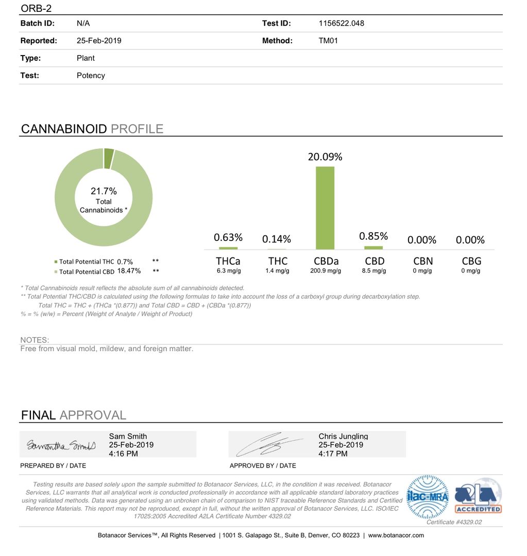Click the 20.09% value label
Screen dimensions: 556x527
pyautogui.click(x=325, y=157)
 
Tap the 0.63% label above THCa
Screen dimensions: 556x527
pyautogui.click(x=228, y=237)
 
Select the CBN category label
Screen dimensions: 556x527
pyautogui.click(x=423, y=261)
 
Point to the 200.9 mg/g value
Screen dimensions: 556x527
pyautogui.click(x=326, y=271)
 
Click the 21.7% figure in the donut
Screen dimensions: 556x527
pyautogui.click(x=104, y=192)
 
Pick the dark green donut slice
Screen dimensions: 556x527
pyautogui.click(x=109, y=158)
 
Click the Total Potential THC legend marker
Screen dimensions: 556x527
pyautogui.click(x=56, y=262)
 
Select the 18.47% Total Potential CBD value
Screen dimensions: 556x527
pyautogui.click(x=129, y=271)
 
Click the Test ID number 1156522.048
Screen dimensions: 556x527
pyautogui.click(x=342, y=23)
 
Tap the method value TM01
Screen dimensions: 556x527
pyautogui.click(x=328, y=41)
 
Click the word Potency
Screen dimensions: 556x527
pyautogui.click(x=91, y=75)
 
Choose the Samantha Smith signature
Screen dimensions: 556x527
pyautogui.click(x=61, y=445)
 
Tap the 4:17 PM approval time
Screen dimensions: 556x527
pyautogui.click(x=333, y=454)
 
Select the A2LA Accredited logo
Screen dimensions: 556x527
pyautogui.click(x=478, y=496)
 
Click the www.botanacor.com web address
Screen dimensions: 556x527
pyautogui.click(x=396, y=535)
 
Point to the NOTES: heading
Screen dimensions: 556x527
pyautogui.click(x=35, y=340)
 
